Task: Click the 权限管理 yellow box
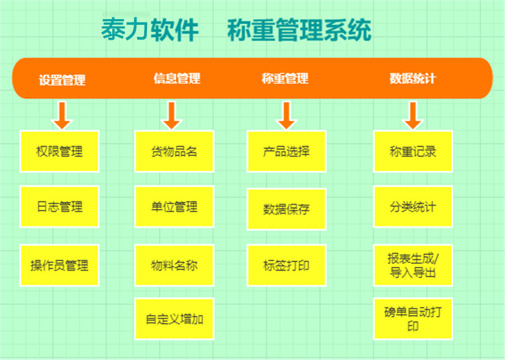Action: click(x=59, y=151)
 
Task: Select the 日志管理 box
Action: click(x=59, y=207)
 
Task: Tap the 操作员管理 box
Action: click(x=59, y=265)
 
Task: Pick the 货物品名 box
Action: click(x=175, y=151)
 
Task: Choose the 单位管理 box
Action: click(x=175, y=207)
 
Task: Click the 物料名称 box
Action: click(x=175, y=265)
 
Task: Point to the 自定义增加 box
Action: click(x=175, y=319)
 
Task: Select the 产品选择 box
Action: click(x=286, y=151)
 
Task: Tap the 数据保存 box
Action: click(x=286, y=209)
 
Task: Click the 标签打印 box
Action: click(x=286, y=265)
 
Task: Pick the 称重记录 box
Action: click(x=413, y=151)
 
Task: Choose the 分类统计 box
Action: click(x=413, y=207)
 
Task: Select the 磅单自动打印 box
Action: click(x=413, y=319)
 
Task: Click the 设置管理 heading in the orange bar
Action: click(x=62, y=80)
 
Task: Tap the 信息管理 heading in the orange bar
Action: click(x=177, y=79)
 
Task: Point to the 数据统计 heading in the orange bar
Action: click(x=412, y=79)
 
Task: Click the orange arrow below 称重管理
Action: click(x=286, y=115)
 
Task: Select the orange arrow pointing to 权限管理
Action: click(x=62, y=115)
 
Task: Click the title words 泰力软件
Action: click(x=150, y=30)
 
